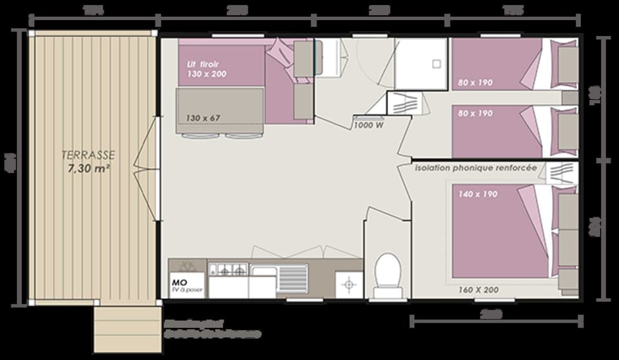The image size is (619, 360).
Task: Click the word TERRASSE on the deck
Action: point(88,155)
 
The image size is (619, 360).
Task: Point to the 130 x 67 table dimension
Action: point(203,117)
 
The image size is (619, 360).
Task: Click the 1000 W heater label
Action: point(368,125)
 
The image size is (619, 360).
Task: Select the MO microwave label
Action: point(179,282)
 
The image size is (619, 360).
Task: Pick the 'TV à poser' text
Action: point(187,290)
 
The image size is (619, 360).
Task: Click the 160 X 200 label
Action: point(478,290)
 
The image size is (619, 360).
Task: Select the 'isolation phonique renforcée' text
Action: point(476,168)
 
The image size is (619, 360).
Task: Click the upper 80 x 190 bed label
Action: point(476,82)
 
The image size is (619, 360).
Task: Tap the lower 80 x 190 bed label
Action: point(476,114)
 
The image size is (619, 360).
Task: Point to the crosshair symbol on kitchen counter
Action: point(349,284)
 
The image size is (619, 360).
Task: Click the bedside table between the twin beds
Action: point(569,97)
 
